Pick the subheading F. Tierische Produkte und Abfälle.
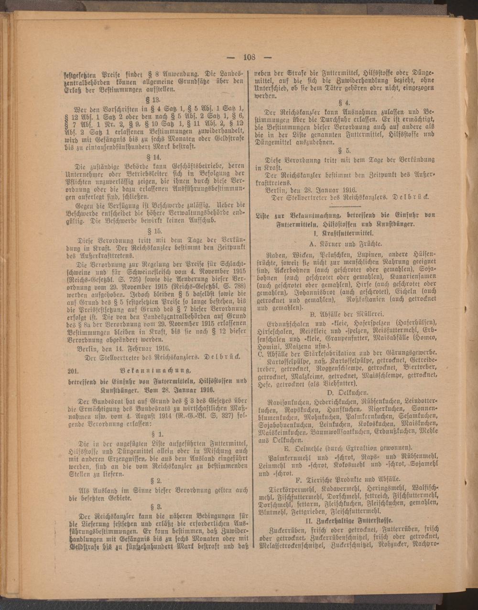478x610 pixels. (x=345, y=479)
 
